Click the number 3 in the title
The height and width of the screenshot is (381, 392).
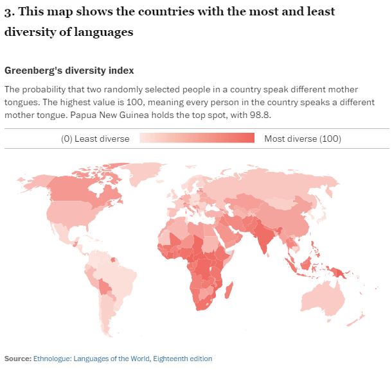8,12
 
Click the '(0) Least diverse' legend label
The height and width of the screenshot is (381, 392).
95,139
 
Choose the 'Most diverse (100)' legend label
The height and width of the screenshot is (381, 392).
303,139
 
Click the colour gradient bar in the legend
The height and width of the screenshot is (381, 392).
197,139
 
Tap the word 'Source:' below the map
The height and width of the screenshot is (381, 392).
17,359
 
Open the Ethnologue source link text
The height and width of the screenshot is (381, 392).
122,359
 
